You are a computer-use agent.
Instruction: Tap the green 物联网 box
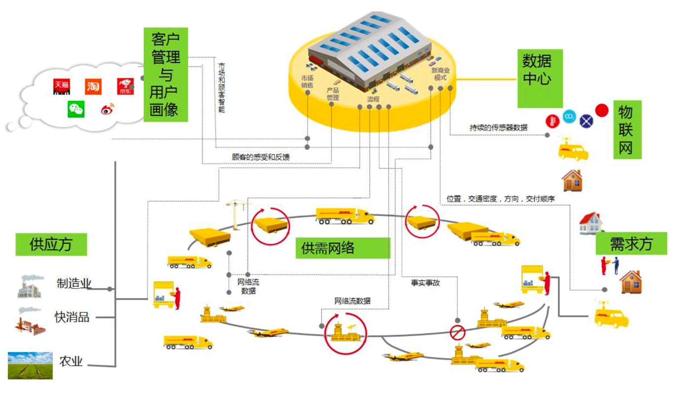click(627, 130)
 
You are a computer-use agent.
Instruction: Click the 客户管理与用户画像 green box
click(166, 74)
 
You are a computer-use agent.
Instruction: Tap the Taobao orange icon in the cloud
click(93, 86)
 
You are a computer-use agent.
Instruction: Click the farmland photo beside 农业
click(30, 365)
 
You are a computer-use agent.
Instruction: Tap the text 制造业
click(74, 284)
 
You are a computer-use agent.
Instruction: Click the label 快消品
click(72, 317)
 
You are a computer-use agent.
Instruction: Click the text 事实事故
click(425, 283)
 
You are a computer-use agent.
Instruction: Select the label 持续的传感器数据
click(498, 127)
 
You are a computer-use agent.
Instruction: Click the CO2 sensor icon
click(569, 116)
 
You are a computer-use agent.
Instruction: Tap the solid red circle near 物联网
click(601, 110)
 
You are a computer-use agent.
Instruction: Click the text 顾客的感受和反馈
click(260, 157)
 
